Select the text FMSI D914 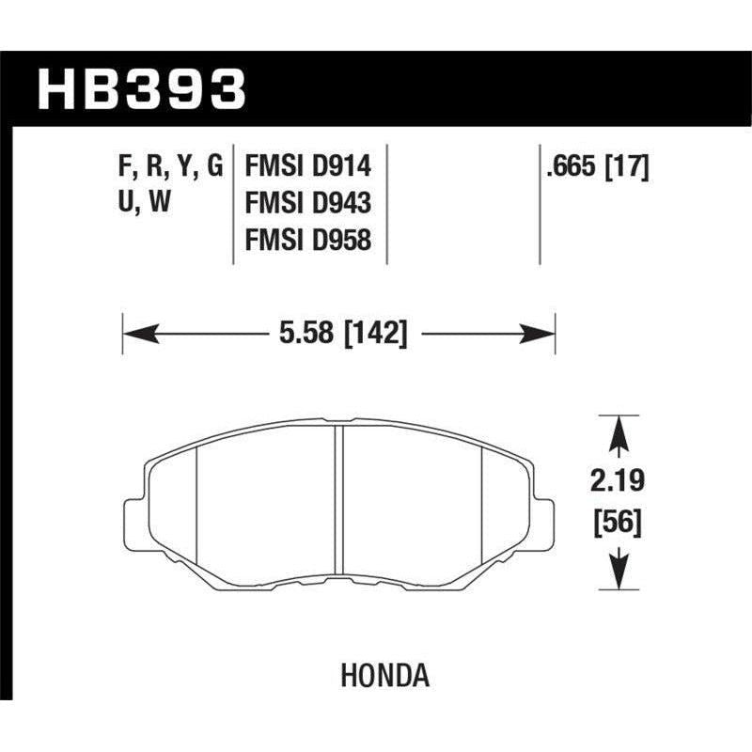tap(308, 167)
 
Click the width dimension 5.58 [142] tap(339, 333)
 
